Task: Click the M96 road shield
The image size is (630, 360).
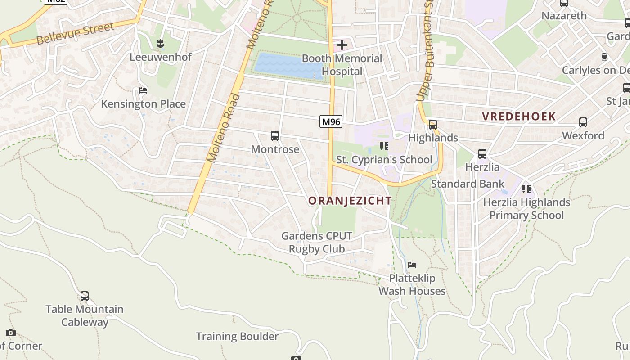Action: pos(331,121)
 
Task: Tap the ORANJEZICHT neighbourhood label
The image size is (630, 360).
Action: pos(350,201)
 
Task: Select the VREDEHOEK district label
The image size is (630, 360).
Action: pos(519,116)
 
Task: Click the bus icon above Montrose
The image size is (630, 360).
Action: pos(274,136)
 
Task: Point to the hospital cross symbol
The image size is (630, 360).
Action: pos(342,45)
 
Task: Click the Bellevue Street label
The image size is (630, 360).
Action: pos(76,34)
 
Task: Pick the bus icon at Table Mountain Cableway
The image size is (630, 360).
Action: pos(84,296)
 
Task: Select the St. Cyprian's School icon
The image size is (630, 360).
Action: pos(384,146)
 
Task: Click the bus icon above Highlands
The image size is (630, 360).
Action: pos(433,125)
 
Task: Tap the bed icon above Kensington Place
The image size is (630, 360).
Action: pos(143,90)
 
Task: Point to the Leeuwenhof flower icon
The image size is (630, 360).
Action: pos(160,44)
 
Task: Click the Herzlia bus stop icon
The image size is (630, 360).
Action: pos(482,154)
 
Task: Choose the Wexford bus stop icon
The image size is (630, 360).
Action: pos(583,122)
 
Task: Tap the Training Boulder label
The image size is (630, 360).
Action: pos(237,336)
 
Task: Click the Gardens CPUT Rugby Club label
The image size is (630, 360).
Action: pos(317,242)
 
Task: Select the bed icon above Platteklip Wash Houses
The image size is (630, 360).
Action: pos(412,265)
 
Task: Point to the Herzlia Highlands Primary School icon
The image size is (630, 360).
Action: pos(526,189)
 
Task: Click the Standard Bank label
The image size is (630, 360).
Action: pos(468,184)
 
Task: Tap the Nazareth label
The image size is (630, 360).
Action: pos(564,16)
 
